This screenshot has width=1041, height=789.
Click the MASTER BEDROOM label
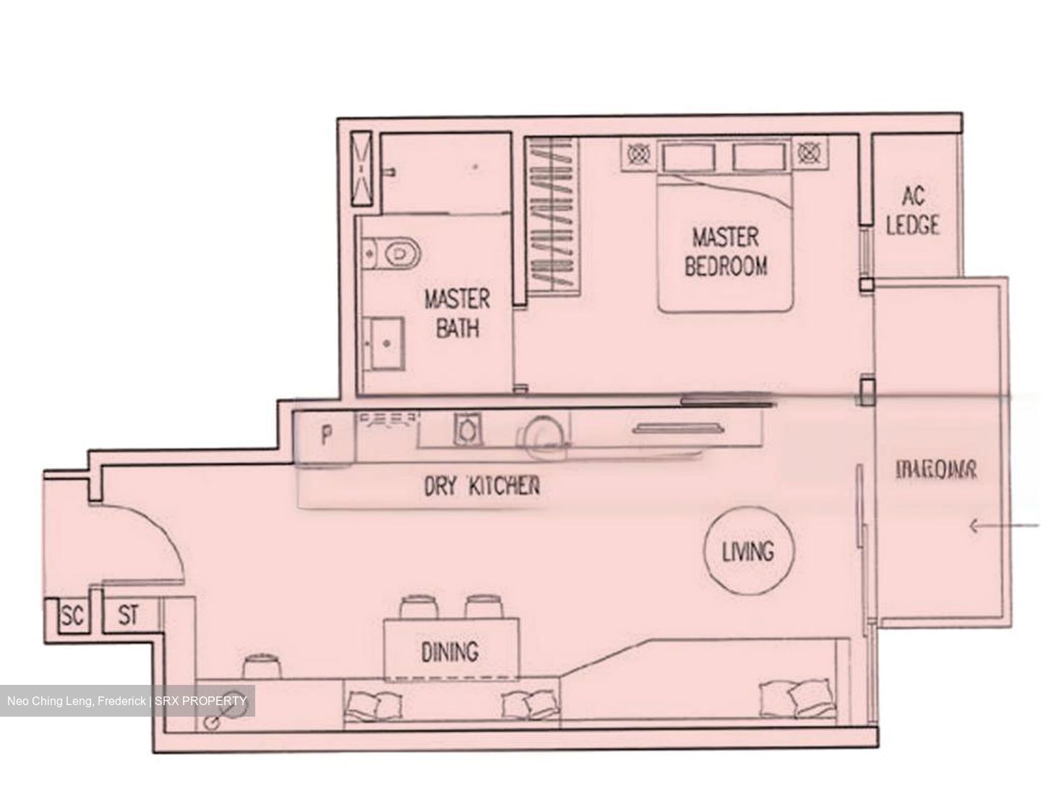[x=726, y=252]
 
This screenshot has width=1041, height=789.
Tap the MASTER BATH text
[x=457, y=313]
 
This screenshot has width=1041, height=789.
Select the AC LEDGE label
[x=913, y=210]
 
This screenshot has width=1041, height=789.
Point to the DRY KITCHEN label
[x=481, y=486]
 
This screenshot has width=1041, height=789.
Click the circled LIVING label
[x=748, y=552]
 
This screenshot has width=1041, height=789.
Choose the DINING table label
[x=450, y=652]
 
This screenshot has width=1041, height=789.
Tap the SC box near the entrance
[x=72, y=617]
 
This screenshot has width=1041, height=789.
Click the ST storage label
[x=128, y=616]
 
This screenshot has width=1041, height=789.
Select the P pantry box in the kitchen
[x=326, y=436]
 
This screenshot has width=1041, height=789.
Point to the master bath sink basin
[x=382, y=344]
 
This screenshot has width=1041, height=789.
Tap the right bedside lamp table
[x=808, y=153]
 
